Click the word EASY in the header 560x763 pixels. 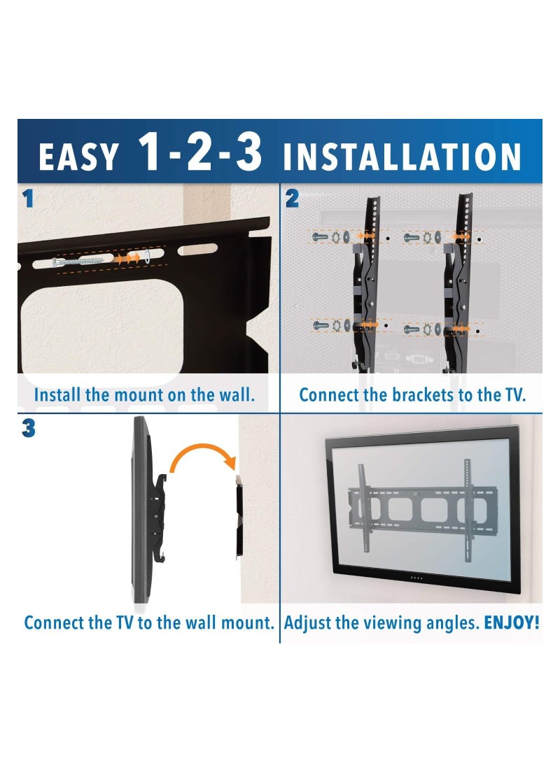[x=78, y=158]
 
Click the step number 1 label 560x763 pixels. [x=28, y=199]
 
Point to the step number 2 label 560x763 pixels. [x=292, y=199]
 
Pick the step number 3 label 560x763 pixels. [x=28, y=429]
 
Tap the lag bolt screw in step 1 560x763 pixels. [x=78, y=261]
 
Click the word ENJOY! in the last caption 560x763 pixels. [x=512, y=622]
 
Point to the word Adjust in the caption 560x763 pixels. [x=306, y=622]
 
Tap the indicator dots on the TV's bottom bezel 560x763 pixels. [x=416, y=577]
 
